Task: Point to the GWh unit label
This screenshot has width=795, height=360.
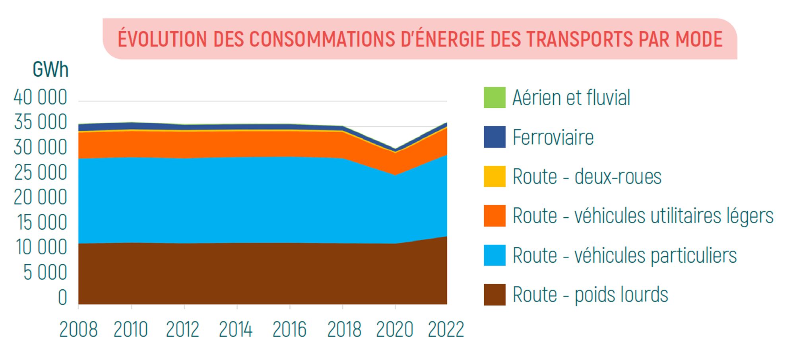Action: coord(50,70)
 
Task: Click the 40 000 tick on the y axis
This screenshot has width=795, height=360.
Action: coord(41,97)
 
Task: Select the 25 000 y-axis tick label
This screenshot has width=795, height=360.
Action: coord(41,172)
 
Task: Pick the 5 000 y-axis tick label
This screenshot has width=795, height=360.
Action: coord(45,273)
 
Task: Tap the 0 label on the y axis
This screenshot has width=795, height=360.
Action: coord(62,298)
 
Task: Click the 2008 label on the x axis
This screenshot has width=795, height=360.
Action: coord(78,329)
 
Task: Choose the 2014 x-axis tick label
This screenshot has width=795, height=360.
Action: coord(236,329)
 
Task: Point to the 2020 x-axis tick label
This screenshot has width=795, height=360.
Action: coord(395,329)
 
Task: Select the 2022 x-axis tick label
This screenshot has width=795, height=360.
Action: coord(446,329)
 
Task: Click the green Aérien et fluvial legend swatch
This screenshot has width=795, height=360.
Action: coord(494,98)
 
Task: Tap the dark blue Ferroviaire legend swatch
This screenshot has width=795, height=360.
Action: coord(494,137)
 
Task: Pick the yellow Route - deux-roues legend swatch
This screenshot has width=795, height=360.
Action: coord(494,176)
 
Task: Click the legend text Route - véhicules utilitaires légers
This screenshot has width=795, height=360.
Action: coord(643,216)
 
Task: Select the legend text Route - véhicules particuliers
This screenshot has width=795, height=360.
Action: coord(624,255)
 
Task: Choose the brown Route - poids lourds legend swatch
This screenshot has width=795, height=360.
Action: coord(494,294)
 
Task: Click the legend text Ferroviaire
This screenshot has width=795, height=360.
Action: coord(553,137)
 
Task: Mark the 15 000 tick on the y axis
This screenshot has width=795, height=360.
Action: coord(42,223)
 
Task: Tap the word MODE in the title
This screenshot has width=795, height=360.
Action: coord(699,39)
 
